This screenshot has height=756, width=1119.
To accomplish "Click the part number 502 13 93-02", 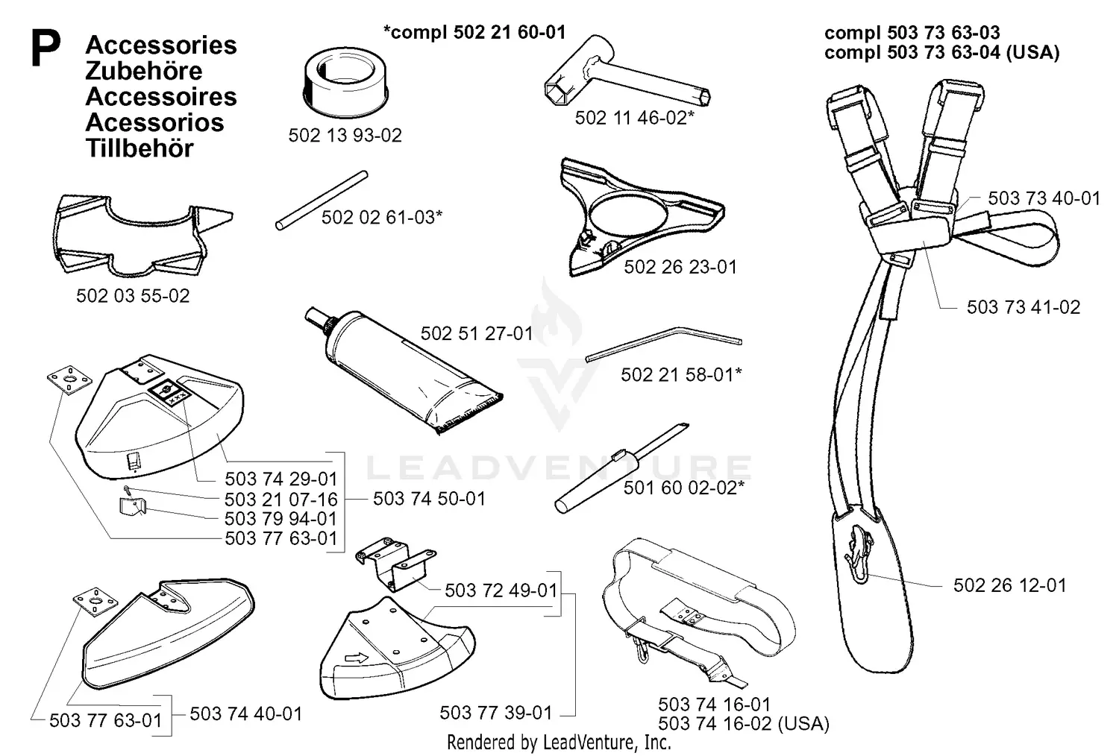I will tap(345, 136).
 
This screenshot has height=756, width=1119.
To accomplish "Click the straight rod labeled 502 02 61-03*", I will tap(322, 200).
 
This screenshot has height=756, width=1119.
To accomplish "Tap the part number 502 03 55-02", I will tap(133, 296).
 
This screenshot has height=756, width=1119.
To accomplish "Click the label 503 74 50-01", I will tap(429, 498).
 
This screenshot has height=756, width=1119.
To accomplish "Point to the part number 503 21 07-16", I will tap(280, 499).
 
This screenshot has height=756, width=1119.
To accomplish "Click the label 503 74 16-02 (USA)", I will tap(743, 723).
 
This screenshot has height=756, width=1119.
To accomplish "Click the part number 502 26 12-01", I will tap(1009, 586).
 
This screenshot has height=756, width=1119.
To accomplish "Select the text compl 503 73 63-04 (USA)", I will tap(941, 52).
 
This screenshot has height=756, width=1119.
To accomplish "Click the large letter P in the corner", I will tap(46, 49).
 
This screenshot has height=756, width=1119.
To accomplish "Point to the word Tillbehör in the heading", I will tap(140, 148).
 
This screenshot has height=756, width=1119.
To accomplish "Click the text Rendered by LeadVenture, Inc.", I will tap(559, 743).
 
